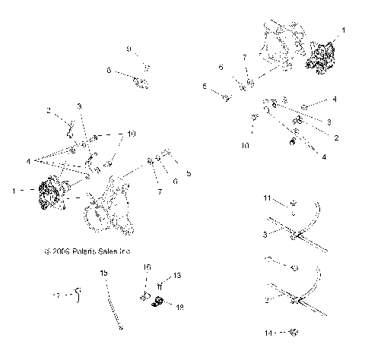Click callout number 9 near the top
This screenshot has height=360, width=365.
pos(129,49)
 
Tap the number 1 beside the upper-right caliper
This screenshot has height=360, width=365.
pos(343,30)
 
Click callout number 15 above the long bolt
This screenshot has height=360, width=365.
pos(103,272)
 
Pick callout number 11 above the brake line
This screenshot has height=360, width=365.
pos(267,198)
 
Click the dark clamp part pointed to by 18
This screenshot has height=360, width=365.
pos(159,304)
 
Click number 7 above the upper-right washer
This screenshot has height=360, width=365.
pos(244,58)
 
